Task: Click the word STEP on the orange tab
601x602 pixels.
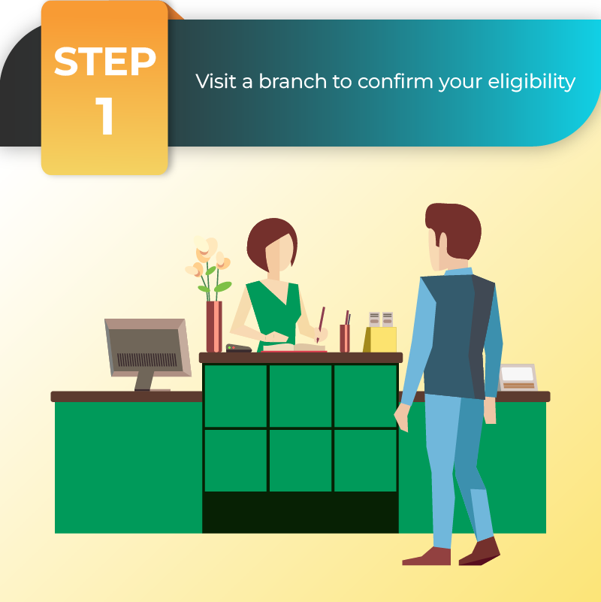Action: coord(104,62)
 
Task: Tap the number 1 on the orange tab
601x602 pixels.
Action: coord(104,116)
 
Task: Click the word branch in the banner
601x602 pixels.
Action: coord(292,81)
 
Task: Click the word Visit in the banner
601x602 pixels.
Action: coord(216,81)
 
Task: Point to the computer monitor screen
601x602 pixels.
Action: coord(146,349)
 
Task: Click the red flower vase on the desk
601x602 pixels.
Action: coord(214,326)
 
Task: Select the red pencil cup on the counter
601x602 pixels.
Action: coord(345,338)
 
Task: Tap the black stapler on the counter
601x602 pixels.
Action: coord(238,348)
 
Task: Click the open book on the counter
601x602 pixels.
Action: coord(294,347)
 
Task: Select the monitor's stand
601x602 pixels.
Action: coord(146,381)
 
